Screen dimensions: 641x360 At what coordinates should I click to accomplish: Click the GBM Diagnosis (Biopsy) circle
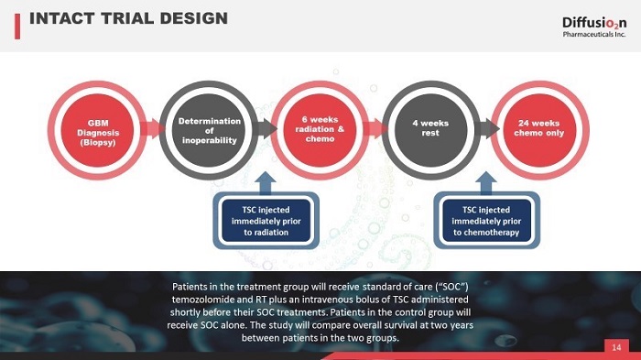pos(97,130)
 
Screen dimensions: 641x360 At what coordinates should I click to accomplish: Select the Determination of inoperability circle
pos(209,130)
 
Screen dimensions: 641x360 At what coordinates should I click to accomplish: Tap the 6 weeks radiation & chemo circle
pos(320,130)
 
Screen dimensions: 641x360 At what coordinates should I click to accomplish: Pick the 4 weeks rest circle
pos(430,130)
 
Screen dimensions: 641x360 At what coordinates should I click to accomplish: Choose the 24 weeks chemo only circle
pos(539,130)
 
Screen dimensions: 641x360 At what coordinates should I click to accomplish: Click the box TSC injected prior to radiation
pos(266,221)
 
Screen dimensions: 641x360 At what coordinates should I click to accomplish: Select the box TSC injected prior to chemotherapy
pos(486,221)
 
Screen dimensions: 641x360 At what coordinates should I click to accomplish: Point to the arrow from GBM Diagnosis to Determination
pos(152,128)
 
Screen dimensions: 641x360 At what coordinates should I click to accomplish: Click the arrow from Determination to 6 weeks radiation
pos(265,128)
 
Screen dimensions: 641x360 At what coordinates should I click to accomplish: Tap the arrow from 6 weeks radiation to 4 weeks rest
pos(375,128)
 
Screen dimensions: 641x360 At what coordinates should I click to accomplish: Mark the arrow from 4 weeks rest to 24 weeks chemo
pos(488,128)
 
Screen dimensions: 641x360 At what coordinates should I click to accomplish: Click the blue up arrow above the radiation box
pos(266,183)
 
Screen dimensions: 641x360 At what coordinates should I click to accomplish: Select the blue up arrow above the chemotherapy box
pos(486,183)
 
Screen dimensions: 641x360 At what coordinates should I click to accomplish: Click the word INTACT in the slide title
pos(61,18)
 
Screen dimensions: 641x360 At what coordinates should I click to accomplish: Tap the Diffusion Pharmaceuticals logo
pos(594,27)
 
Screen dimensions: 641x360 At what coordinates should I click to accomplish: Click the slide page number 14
pos(616,347)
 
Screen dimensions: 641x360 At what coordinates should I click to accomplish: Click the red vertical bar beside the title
pos(17,27)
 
